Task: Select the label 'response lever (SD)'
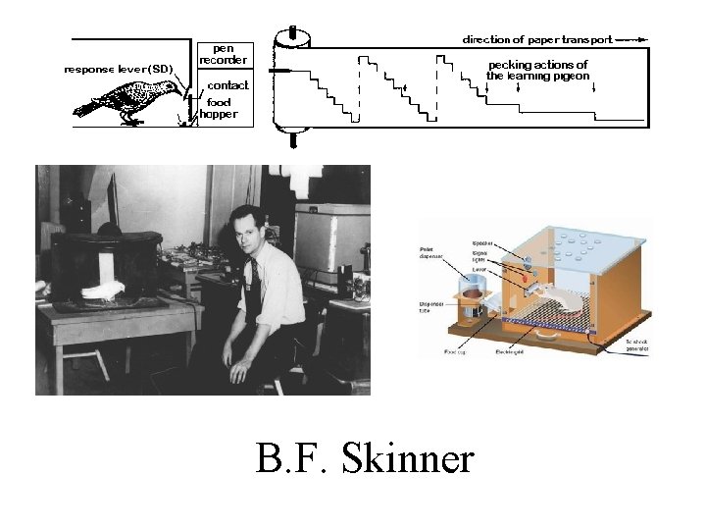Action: coord(118,69)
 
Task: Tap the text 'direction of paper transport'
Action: coord(537,40)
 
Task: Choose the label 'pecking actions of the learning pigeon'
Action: coord(537,70)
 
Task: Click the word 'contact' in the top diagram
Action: coord(227,85)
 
